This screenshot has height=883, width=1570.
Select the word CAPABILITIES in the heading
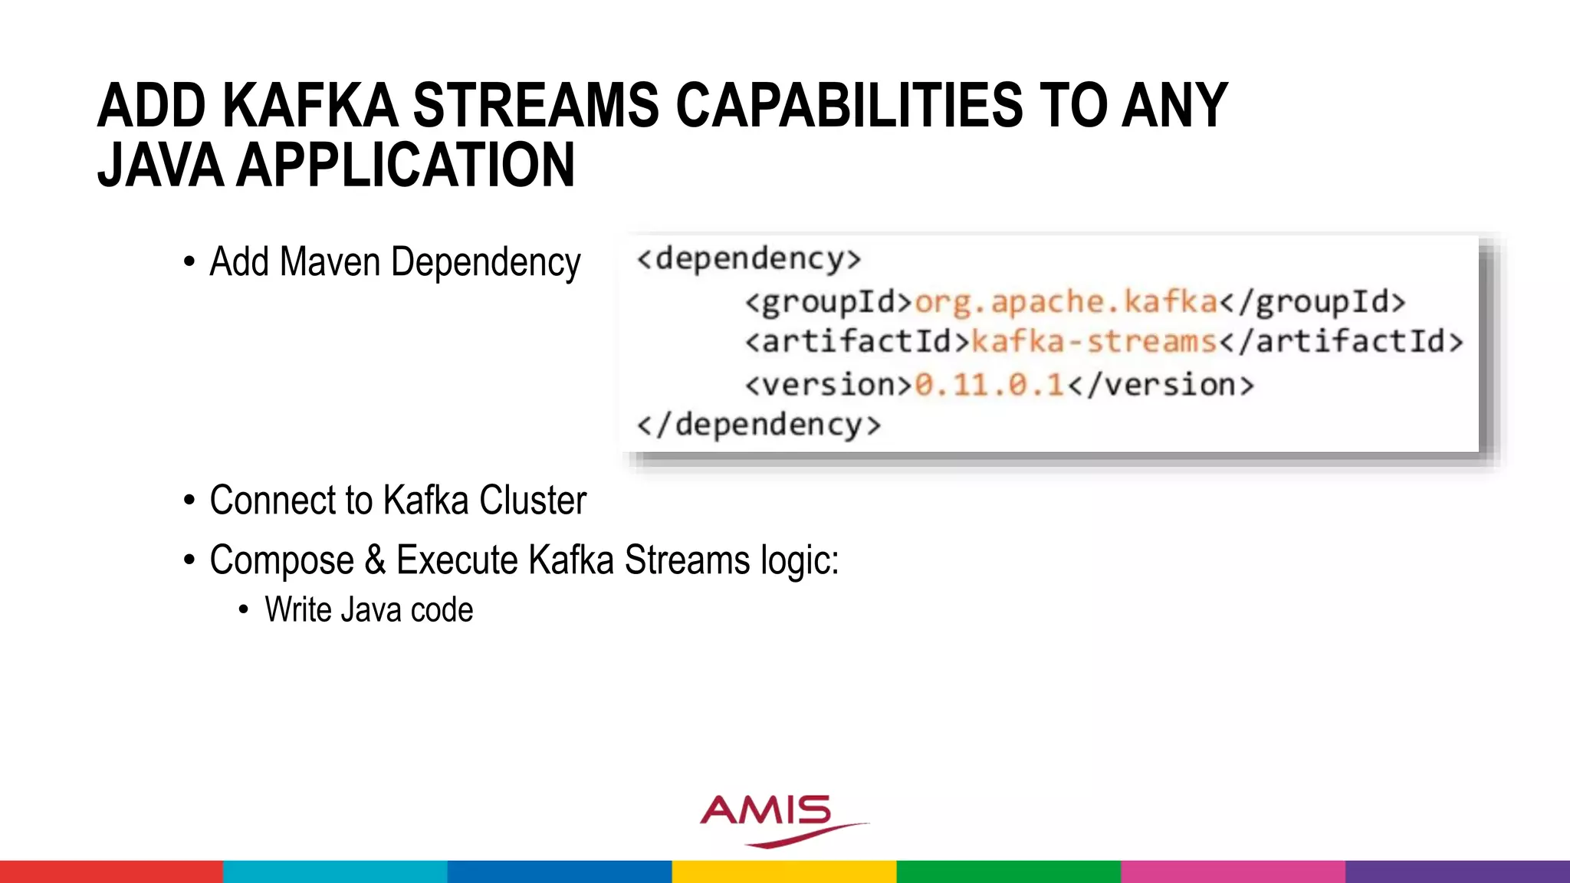click(x=849, y=106)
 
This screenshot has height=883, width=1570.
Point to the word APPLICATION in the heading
click(x=406, y=166)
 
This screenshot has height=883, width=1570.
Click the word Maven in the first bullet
click(x=330, y=262)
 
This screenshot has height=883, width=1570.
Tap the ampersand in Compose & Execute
click(x=375, y=560)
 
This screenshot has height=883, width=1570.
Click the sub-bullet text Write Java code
click(x=369, y=610)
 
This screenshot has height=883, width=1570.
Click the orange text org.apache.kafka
click(x=1066, y=302)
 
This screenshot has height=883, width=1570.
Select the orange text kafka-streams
click(x=1094, y=342)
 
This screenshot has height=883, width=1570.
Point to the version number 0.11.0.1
click(x=990, y=384)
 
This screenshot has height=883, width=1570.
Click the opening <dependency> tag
click(x=749, y=259)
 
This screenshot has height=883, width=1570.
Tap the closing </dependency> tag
click(x=759, y=425)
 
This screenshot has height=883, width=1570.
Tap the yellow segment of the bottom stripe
click(x=784, y=872)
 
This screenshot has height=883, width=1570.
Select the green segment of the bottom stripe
click(x=1008, y=872)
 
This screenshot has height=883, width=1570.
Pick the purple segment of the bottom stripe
click(x=1457, y=872)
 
